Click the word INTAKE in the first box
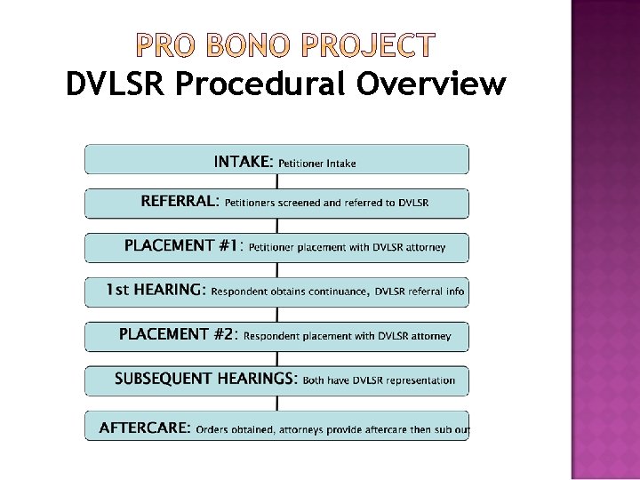coord(242,162)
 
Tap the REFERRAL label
coord(179,202)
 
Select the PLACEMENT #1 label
coord(181,246)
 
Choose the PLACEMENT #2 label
coord(178,335)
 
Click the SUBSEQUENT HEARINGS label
coord(205,380)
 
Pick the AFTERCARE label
coord(144,428)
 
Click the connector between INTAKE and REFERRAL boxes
coord(276,181)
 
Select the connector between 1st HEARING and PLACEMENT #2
coord(276,315)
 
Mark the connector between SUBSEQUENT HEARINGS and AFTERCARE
coord(276,404)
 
